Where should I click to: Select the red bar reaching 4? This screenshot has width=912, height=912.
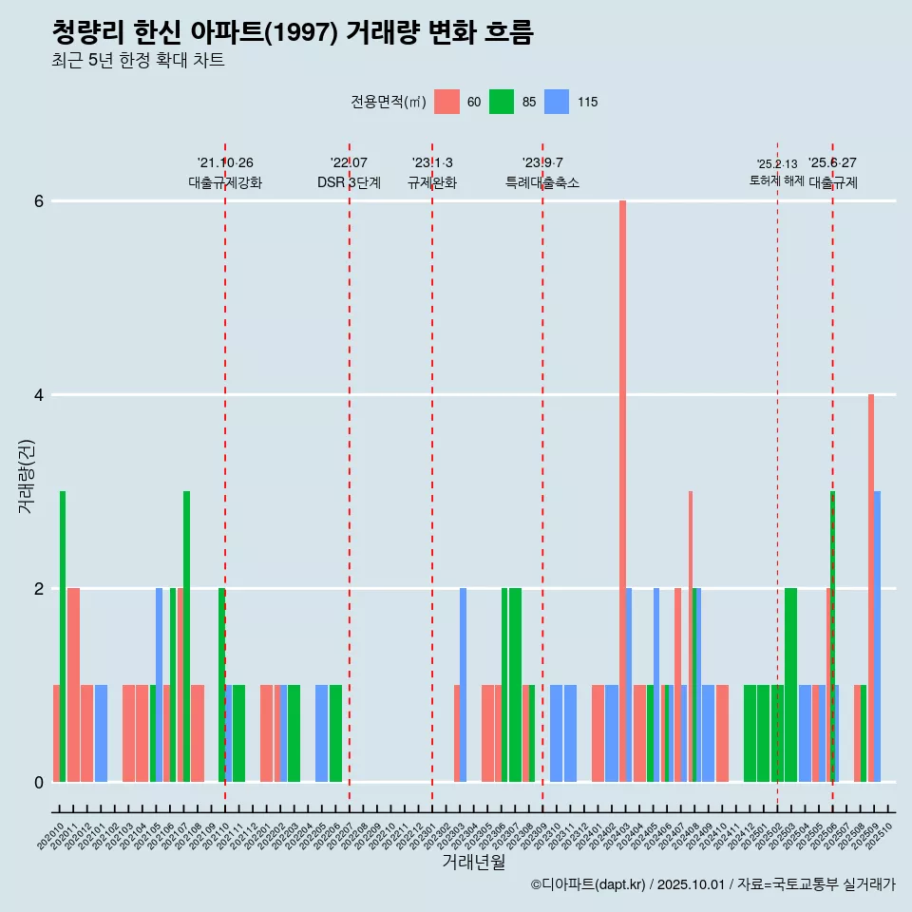pos(871,589)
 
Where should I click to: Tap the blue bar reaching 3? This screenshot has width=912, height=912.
pos(878,636)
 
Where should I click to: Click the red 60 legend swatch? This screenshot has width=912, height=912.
pos(446,102)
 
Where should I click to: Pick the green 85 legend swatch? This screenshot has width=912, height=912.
pos(502,102)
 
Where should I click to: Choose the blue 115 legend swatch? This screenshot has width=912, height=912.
pos(557,102)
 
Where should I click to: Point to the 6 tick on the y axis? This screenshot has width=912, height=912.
pos(39,201)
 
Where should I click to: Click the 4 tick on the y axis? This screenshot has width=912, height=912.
pos(39,395)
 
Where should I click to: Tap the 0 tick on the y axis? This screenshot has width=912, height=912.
pos(39,783)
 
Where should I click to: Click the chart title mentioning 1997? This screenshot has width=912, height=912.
pos(293,33)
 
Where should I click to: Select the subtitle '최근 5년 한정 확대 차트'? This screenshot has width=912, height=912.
pos(138,61)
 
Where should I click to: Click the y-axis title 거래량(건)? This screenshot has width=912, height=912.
pos(27,476)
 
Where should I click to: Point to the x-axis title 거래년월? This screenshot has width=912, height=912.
pos(473,862)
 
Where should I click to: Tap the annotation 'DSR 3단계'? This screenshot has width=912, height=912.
pos(349,182)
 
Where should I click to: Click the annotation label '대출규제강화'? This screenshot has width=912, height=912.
pos(225,182)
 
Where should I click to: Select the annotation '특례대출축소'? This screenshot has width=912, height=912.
pos(542,182)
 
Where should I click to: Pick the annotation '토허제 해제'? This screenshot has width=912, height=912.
pos(777,180)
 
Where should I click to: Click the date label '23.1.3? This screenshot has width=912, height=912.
pos(432,163)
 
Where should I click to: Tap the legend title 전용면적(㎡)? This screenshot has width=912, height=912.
pos(388,103)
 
